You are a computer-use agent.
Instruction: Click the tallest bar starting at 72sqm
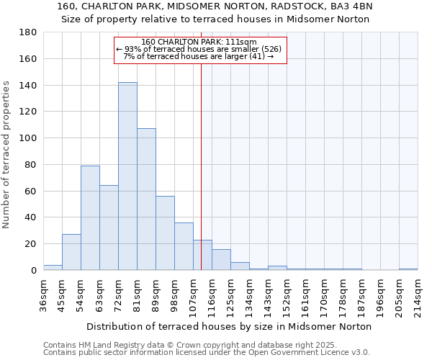(x=127, y=176)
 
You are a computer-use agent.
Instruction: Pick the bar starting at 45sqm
(x=71, y=252)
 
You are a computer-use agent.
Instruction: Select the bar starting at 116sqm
(x=221, y=260)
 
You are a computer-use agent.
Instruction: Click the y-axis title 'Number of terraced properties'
(x=6, y=155)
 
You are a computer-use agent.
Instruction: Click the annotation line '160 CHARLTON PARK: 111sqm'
(x=200, y=42)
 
